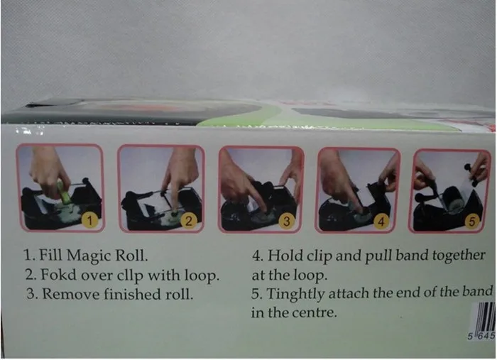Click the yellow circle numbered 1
coord(89,220)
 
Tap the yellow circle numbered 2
coord(189,221)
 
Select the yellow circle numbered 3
coord(287,222)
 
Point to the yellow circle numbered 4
coord(381,222)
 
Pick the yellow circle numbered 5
coord(472,222)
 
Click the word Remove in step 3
coord(71,294)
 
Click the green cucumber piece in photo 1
coord(65,192)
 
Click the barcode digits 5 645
coord(482,336)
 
